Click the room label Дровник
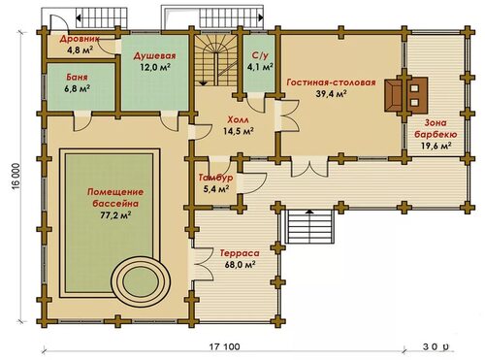click(80, 39)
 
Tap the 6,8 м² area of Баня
click(78, 88)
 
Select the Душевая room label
click(155, 56)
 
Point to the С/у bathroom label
click(260, 55)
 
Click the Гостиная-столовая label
click(332, 82)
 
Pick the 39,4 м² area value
click(332, 94)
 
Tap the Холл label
click(239, 120)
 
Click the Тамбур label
click(215, 178)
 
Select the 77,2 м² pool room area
click(115, 214)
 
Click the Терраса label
click(240, 253)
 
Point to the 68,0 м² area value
click(240, 264)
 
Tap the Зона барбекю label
click(436, 129)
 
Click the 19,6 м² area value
click(436, 146)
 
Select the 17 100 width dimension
click(225, 347)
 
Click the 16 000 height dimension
click(17, 180)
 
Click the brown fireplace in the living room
click(393, 95)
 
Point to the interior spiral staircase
click(216, 60)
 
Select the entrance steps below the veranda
click(309, 226)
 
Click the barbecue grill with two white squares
click(416, 95)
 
